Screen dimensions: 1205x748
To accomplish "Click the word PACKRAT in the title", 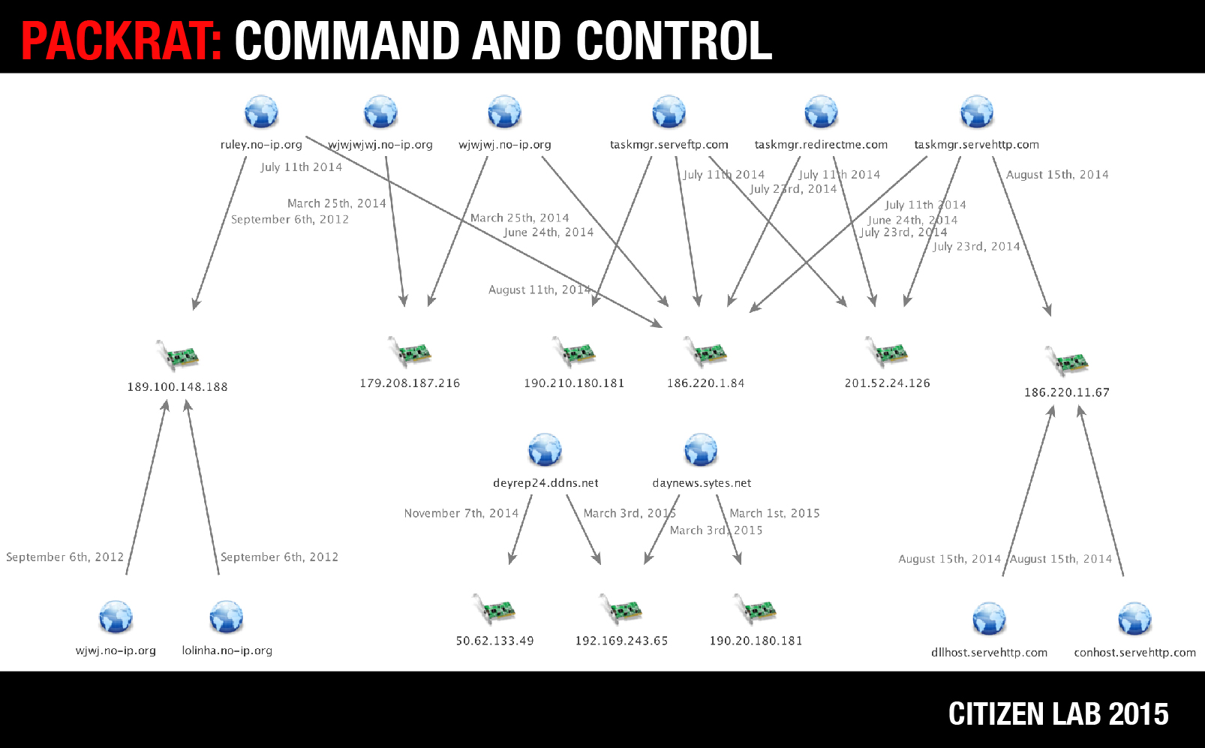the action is point(122,41).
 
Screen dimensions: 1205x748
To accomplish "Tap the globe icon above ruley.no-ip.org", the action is point(261,112).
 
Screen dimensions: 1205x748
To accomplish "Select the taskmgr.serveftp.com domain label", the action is point(669,145).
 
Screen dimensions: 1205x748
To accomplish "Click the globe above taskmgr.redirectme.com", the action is point(821,112).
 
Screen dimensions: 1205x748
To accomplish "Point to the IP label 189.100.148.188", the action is point(178,387).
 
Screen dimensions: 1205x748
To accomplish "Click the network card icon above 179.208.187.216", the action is point(410,352).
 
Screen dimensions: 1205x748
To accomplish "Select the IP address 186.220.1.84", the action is point(706,383).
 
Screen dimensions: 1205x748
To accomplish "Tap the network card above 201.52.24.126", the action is point(887,352).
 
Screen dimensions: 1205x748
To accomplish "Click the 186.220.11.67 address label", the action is point(1067,392).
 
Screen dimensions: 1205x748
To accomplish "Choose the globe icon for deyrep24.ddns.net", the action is point(545,449).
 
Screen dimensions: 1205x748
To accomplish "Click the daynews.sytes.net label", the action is point(702,483).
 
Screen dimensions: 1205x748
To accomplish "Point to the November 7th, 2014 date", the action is point(461,513).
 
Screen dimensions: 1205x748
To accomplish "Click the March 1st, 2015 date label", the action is point(774,513).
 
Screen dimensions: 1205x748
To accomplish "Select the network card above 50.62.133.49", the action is point(494,608).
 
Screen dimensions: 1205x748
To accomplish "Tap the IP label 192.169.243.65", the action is point(621,641).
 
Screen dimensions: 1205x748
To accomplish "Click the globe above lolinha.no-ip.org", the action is point(227,617).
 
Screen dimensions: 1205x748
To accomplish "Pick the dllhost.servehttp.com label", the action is point(989,653).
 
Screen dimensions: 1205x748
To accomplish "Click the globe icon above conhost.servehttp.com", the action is point(1134,619).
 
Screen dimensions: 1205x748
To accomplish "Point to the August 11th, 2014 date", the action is point(539,290).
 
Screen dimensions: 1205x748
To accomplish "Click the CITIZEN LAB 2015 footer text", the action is point(1058,714).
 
